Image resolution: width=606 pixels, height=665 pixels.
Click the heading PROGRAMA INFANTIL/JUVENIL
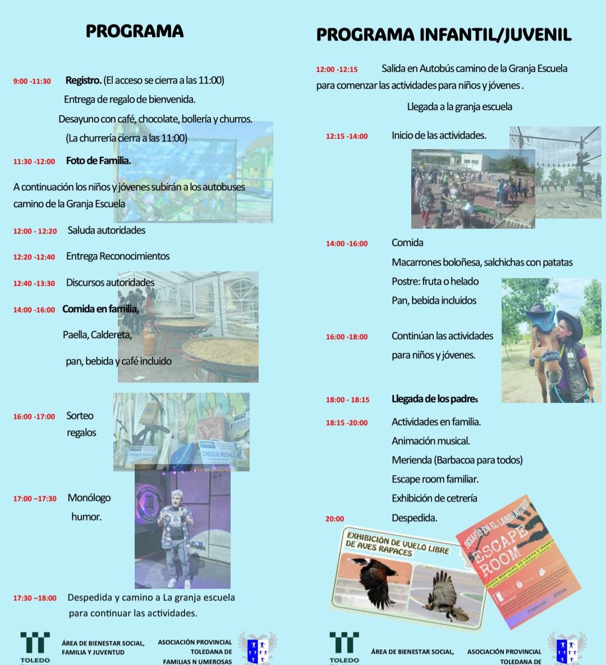[443, 35]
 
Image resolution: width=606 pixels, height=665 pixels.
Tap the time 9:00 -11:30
[32, 81]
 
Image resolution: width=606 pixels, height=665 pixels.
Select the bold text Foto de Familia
[98, 161]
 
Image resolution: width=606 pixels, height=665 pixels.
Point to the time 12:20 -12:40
[34, 257]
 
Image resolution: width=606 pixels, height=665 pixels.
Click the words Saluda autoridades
[106, 230]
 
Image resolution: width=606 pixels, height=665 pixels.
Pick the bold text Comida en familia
[100, 309]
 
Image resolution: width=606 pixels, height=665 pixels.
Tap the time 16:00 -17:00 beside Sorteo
[34, 417]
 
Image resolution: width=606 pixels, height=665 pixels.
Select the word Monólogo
[89, 498]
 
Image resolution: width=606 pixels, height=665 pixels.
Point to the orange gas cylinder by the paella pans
[150, 340]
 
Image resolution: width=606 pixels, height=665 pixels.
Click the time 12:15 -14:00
[347, 136]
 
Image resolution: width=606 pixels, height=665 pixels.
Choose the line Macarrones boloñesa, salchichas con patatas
[482, 262]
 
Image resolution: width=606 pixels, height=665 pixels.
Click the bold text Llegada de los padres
[434, 399]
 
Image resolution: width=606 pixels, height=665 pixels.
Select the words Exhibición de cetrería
[434, 498]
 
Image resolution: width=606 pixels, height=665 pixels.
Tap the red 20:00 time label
[335, 519]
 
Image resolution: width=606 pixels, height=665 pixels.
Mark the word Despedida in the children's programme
[414, 518]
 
